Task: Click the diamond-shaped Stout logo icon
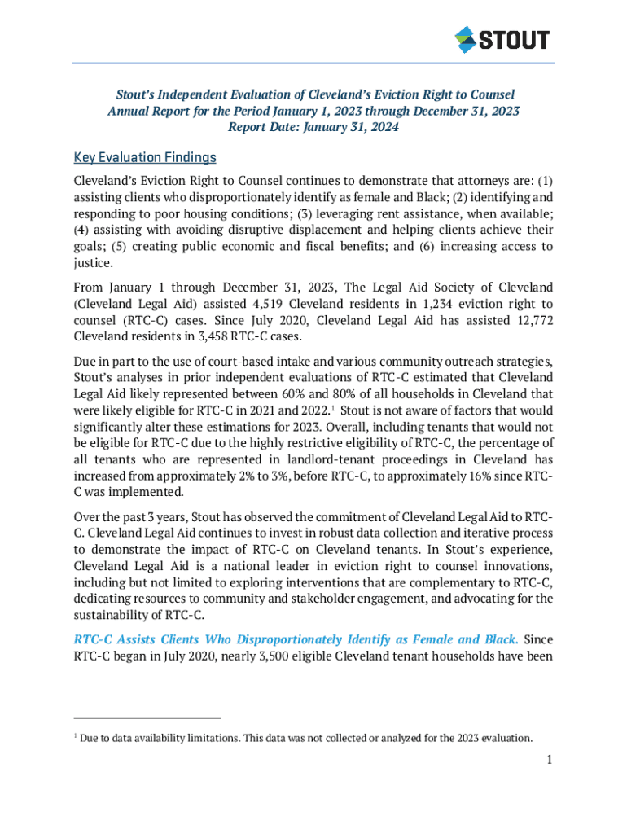465,39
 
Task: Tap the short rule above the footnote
147,718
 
